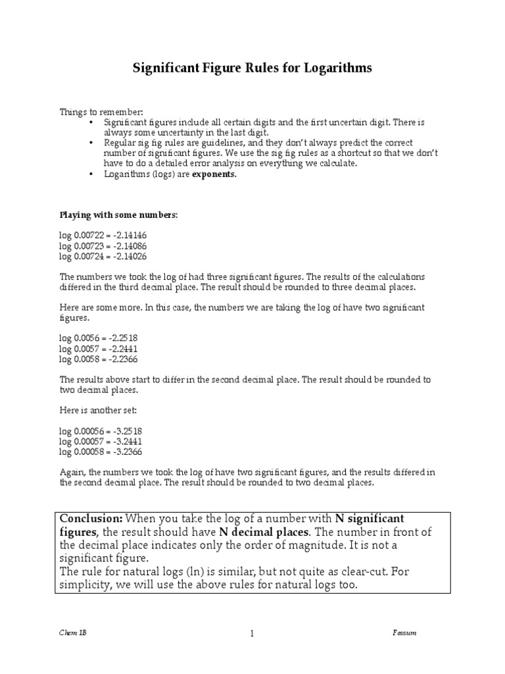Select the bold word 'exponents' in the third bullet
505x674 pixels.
click(x=213, y=174)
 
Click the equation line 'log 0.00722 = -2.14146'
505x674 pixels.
click(x=103, y=235)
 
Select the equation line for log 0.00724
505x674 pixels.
click(x=103, y=256)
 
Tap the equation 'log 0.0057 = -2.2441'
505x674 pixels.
click(x=99, y=348)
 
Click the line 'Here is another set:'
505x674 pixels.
click(x=99, y=410)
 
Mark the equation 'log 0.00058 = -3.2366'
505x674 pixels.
click(x=101, y=452)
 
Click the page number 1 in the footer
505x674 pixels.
click(x=252, y=634)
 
